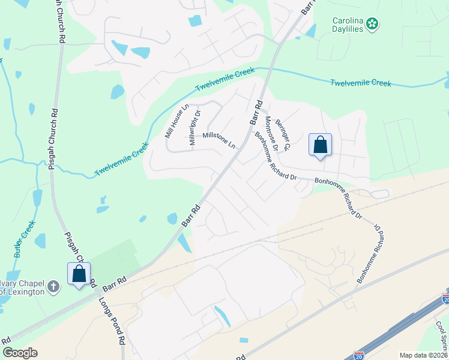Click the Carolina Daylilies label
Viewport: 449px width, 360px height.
click(348, 24)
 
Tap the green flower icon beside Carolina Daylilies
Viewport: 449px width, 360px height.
click(373, 24)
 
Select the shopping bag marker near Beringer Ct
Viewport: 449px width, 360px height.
click(320, 145)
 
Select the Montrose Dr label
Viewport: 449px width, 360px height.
click(271, 133)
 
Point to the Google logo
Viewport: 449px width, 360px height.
click(20, 353)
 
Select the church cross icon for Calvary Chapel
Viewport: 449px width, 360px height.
click(54, 286)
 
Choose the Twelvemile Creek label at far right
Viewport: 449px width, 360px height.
click(361, 82)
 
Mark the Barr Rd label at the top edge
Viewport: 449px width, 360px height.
click(307, 7)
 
